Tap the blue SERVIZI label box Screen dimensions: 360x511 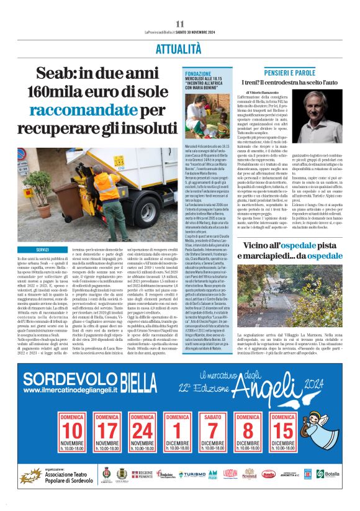point(42,250)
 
